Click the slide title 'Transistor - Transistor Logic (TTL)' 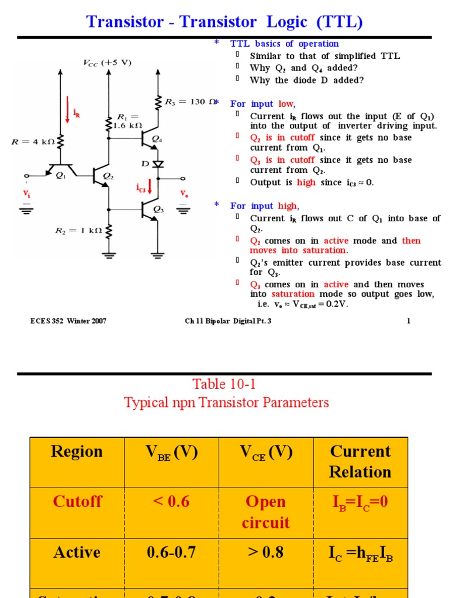[x=224, y=22]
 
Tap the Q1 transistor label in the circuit [x=61, y=174]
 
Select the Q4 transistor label [x=157, y=138]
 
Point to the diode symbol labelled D [x=158, y=164]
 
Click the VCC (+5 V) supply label [x=106, y=62]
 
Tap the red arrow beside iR [x=68, y=112]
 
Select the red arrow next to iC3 [x=150, y=186]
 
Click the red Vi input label [x=26, y=193]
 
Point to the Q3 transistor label [x=158, y=209]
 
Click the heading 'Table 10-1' [x=224, y=384]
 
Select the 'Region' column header [x=77, y=451]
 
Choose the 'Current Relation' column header [x=360, y=461]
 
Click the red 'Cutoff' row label [x=77, y=502]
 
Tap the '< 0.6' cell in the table [x=171, y=502]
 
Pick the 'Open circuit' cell [x=265, y=512]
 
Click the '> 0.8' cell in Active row [x=265, y=552]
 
